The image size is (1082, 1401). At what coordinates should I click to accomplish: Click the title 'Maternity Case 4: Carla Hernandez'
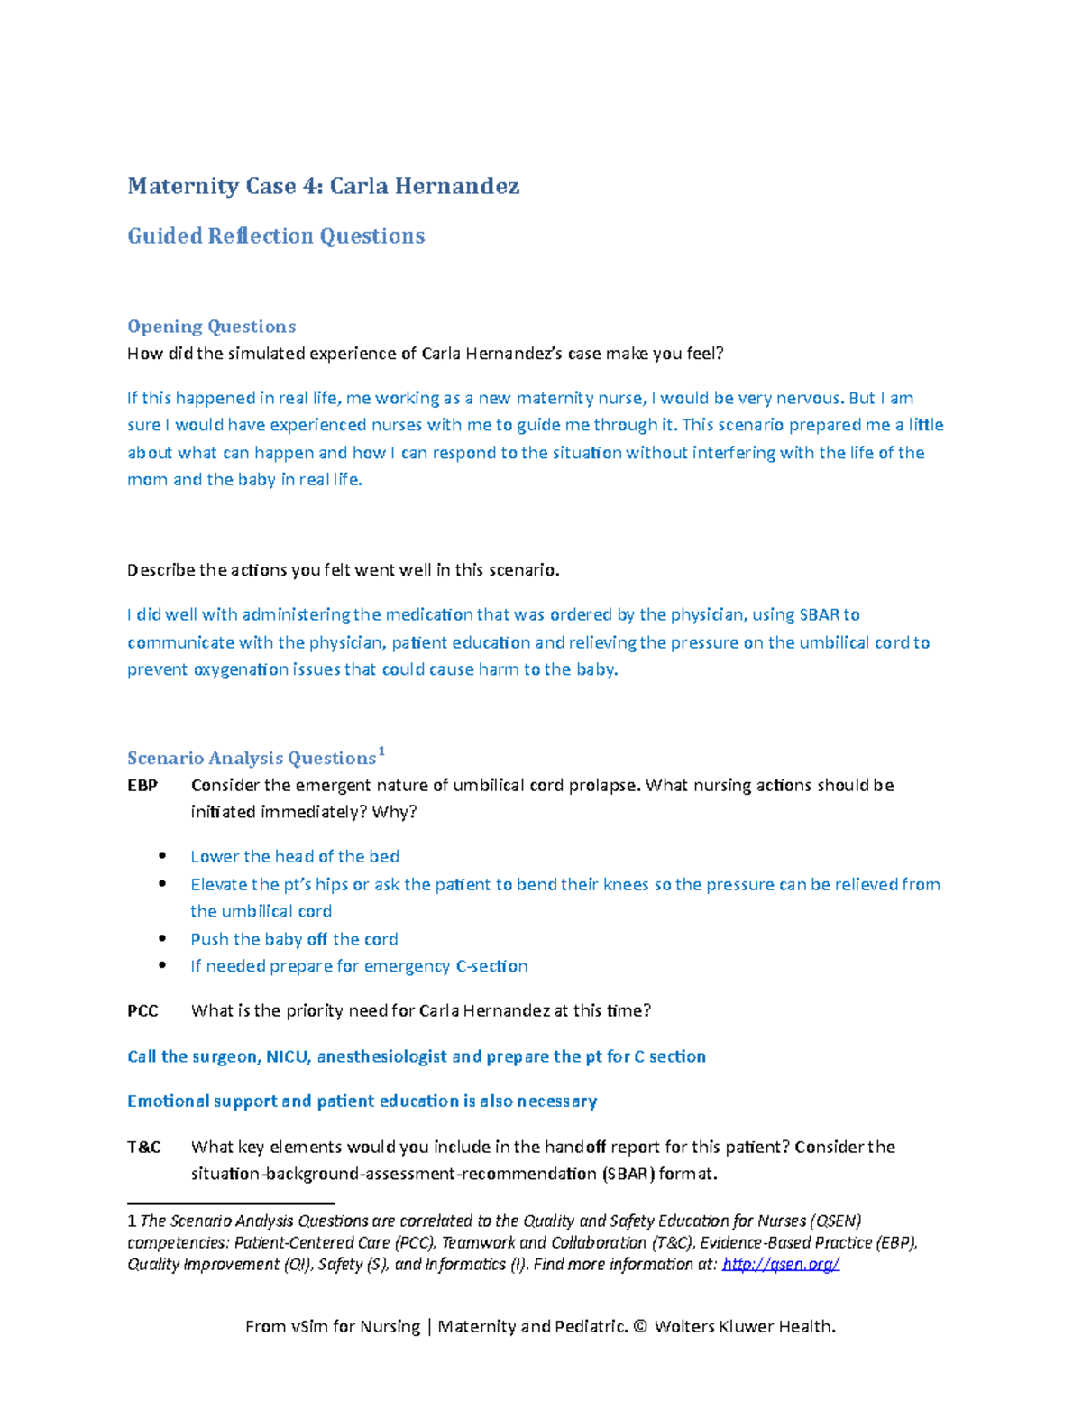(x=323, y=187)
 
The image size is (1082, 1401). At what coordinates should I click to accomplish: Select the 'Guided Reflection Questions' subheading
(x=276, y=236)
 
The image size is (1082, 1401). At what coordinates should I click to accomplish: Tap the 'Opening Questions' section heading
(x=211, y=327)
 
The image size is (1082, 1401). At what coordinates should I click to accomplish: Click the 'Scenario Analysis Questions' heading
(x=252, y=759)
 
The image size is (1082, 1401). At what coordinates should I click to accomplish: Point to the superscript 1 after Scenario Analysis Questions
(x=381, y=751)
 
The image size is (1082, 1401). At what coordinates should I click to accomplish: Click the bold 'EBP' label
(x=142, y=786)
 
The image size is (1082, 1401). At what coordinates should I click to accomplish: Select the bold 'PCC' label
(x=142, y=1011)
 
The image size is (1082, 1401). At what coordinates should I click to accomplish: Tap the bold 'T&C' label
(x=144, y=1148)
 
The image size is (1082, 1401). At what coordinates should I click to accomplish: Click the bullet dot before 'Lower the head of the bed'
(x=162, y=856)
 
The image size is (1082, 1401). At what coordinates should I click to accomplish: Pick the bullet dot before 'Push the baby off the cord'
(x=162, y=938)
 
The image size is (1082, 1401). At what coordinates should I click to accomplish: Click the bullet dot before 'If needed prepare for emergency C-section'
(x=162, y=965)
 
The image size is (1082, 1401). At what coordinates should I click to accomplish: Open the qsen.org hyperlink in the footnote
(x=781, y=1265)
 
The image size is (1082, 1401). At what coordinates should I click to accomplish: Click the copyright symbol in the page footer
(x=640, y=1327)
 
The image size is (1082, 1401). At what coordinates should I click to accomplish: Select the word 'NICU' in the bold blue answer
(x=288, y=1056)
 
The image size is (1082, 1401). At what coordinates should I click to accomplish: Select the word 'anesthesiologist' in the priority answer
(x=381, y=1056)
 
